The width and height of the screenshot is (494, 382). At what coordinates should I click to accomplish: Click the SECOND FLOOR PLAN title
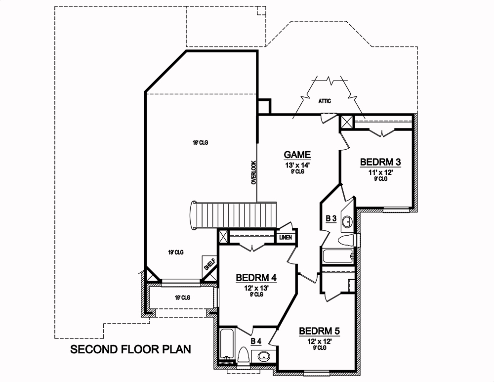130,350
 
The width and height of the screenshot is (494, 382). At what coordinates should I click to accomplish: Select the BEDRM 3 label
380,162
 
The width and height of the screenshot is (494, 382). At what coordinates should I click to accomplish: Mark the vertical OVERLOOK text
253,172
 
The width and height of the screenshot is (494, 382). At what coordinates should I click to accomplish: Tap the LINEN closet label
286,238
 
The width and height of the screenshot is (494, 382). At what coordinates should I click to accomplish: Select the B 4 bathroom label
256,341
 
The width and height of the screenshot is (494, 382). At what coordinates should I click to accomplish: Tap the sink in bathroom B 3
347,221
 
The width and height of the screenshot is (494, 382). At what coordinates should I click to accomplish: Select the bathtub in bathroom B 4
227,346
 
